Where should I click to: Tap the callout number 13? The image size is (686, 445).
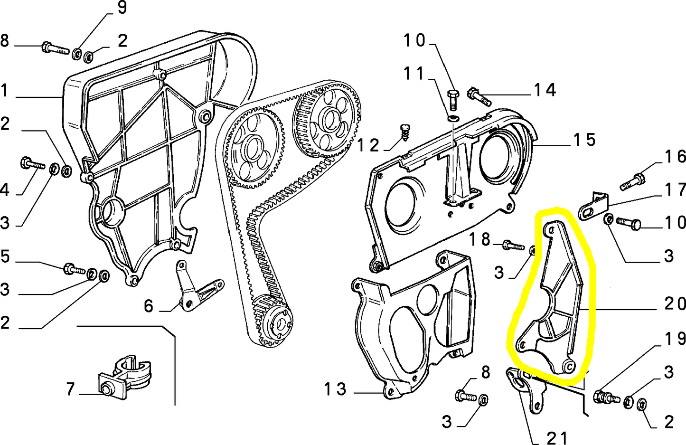click(x=335, y=389)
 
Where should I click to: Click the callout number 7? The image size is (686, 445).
click(x=70, y=389)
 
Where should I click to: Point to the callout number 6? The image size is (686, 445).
click(x=149, y=306)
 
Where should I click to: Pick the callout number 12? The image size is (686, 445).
click(x=368, y=145)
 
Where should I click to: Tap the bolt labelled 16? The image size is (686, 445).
click(x=633, y=181)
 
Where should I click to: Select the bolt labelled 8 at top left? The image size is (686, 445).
click(x=55, y=48)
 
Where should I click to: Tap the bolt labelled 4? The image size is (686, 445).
click(x=31, y=164)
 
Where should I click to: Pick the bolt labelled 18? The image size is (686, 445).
click(x=513, y=246)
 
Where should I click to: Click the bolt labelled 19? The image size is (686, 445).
click(x=607, y=397)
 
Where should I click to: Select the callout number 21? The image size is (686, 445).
click(x=556, y=438)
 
